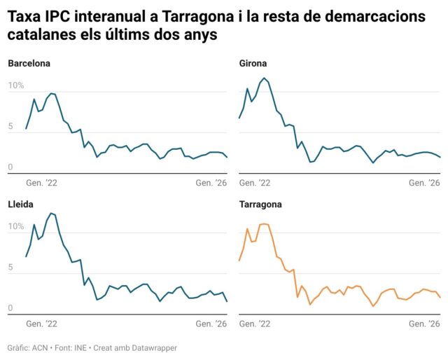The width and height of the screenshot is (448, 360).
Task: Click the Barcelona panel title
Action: point(29,64)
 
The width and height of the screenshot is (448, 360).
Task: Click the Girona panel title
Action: point(253,64)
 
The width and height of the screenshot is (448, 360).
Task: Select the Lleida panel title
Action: point(22,205)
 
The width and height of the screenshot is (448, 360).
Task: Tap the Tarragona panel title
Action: point(260,205)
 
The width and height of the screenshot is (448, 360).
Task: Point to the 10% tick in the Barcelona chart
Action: point(15,86)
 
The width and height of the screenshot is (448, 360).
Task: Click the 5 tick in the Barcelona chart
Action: point(10,127)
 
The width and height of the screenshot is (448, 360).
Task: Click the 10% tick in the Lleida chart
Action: point(15,227)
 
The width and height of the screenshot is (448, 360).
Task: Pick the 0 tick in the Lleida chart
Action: point(10,308)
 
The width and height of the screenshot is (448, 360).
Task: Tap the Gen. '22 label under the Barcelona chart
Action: point(41,182)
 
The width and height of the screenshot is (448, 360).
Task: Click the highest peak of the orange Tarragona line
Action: point(264,224)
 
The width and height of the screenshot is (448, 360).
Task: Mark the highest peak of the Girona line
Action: point(264,78)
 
